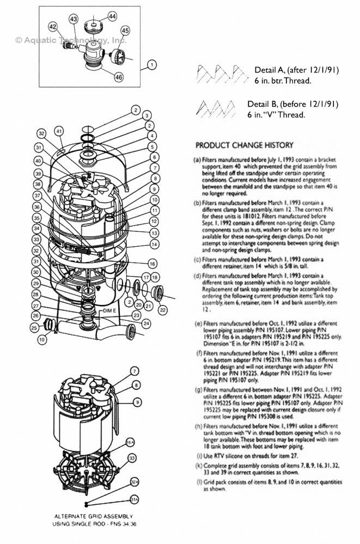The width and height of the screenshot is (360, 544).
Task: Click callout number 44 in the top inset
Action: click(112, 17)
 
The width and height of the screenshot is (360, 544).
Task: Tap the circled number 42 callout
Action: click(53, 27)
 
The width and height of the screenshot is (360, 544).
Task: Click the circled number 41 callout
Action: click(59, 131)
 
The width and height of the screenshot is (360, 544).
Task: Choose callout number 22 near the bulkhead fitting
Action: click(163, 310)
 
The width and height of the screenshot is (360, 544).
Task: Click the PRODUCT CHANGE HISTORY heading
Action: click(244, 145)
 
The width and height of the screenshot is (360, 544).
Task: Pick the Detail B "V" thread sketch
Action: click(216, 107)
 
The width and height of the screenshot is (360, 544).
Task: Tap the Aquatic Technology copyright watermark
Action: click(71, 40)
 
